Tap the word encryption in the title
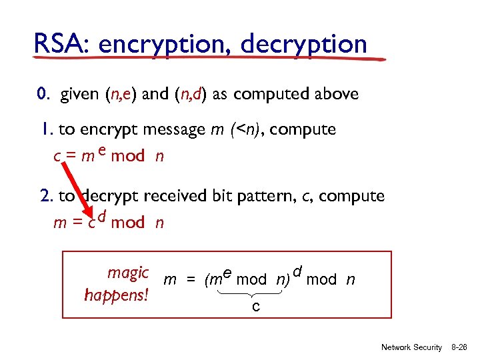click(x=165, y=45)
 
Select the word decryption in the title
click(x=303, y=45)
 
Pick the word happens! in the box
click(x=117, y=294)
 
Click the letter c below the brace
click(x=255, y=306)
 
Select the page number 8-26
click(x=459, y=347)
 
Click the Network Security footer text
click(x=411, y=347)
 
